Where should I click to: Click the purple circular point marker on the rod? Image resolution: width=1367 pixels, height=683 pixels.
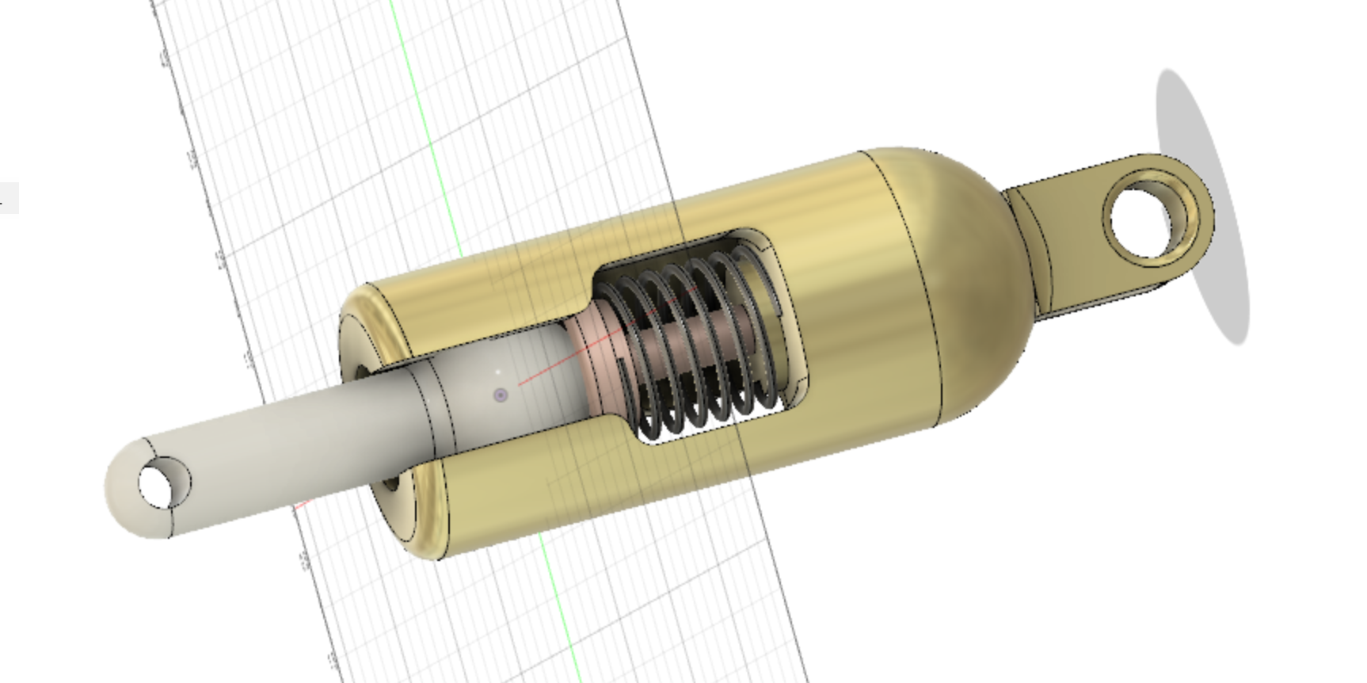pyautogui.click(x=501, y=395)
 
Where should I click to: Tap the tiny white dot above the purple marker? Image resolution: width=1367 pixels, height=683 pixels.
pyautogui.click(x=498, y=371)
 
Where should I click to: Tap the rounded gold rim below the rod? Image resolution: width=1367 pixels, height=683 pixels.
pyautogui.click(x=420, y=515)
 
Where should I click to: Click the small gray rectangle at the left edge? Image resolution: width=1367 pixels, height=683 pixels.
pyautogui.click(x=8, y=198)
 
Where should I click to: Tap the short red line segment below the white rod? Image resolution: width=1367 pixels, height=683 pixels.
pyautogui.click(x=302, y=505)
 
